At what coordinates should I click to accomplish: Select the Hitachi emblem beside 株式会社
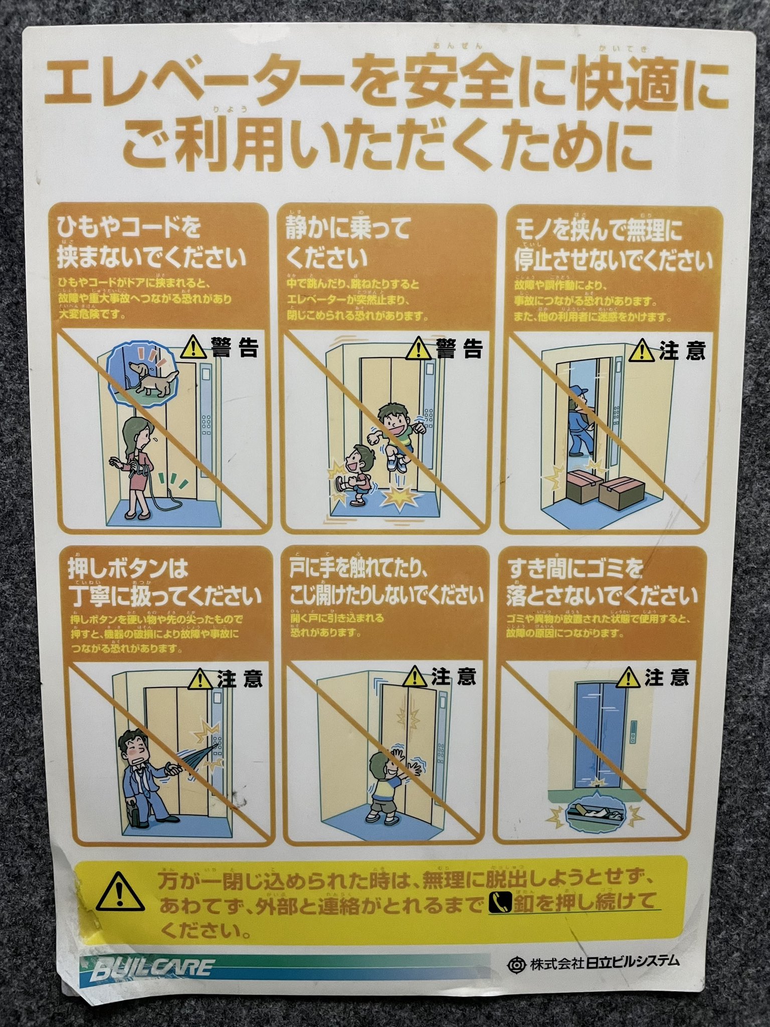click(515, 964)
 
